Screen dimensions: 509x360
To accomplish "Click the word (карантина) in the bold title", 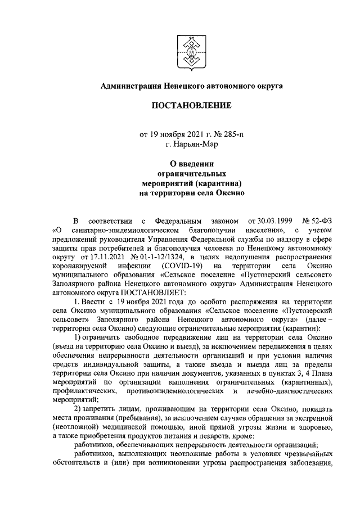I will [x=220, y=183].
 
